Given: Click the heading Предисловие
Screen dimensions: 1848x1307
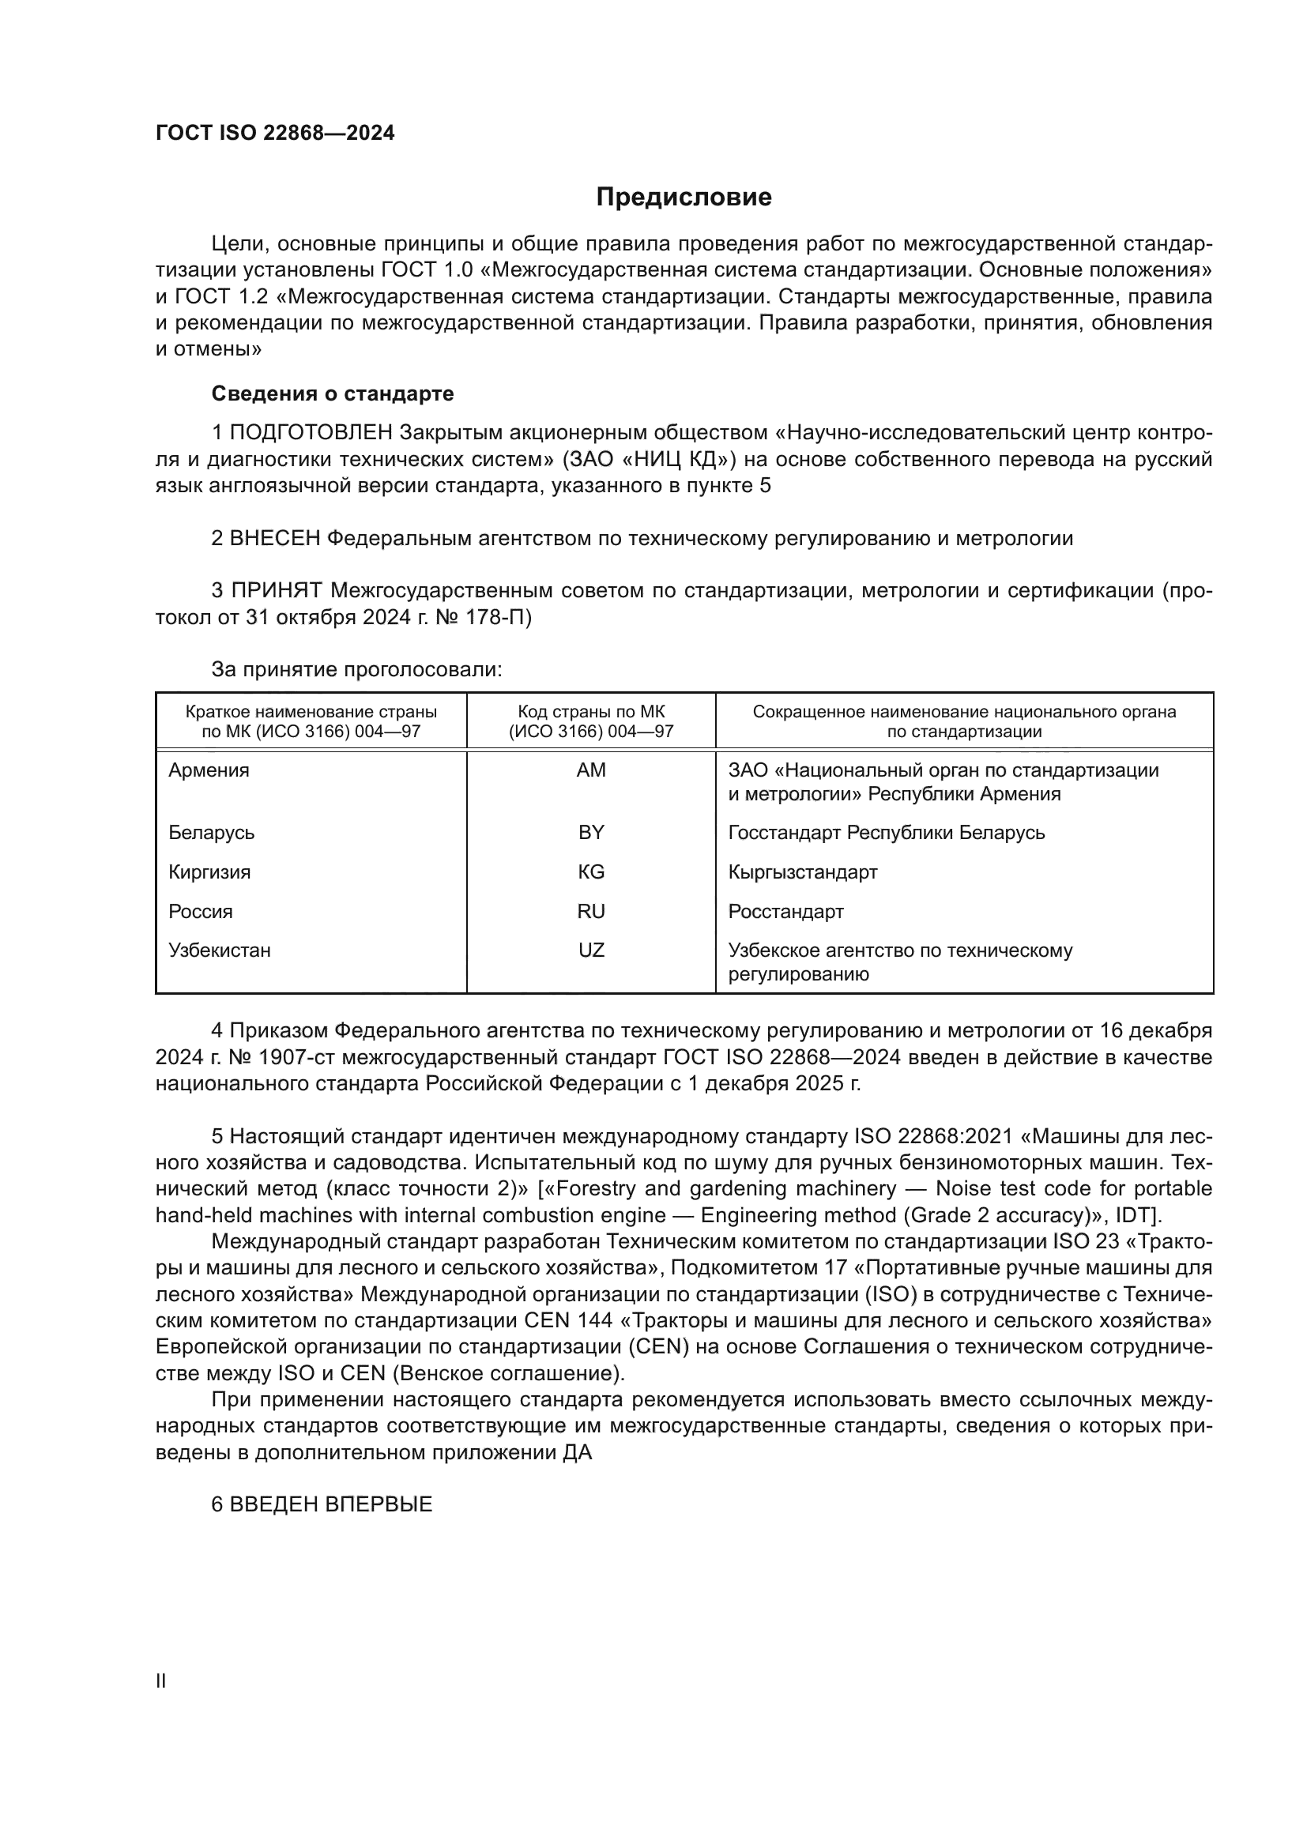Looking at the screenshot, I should tap(684, 198).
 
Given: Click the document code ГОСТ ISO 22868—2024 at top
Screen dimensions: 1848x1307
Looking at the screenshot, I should tap(275, 134).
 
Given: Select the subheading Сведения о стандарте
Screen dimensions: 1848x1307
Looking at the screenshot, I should tap(332, 393).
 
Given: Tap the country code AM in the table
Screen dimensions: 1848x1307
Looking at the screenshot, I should tap(591, 770).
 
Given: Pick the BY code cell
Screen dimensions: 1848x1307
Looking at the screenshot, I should tap(591, 832).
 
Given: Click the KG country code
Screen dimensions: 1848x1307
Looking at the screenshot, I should tap(591, 871).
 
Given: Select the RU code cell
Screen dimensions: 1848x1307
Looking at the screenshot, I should tap(591, 911).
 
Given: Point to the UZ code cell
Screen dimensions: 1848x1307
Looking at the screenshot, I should tap(591, 950).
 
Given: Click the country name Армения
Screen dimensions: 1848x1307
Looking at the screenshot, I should tap(209, 770).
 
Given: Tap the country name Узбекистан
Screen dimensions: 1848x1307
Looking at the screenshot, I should tap(219, 950).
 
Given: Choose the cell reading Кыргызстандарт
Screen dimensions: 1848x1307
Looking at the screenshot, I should tap(802, 871).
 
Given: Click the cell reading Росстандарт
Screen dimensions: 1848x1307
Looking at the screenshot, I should tap(785, 911).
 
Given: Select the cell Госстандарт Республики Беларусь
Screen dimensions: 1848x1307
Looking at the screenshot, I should tap(886, 832).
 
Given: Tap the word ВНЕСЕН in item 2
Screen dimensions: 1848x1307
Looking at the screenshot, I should tap(275, 539).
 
